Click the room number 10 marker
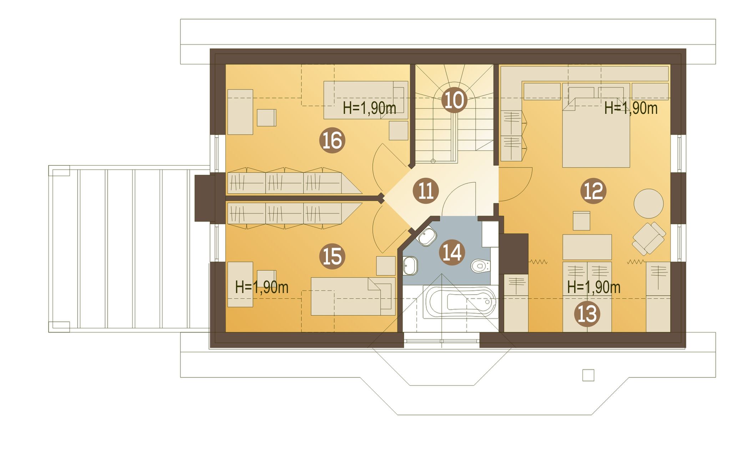(454, 100)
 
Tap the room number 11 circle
(425, 191)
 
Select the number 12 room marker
(593, 191)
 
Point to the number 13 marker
(587, 314)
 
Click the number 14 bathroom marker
(452, 252)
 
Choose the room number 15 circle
(332, 256)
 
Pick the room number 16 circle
(332, 140)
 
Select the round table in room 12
(648, 203)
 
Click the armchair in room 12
(649, 239)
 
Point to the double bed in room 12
(596, 125)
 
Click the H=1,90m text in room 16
(369, 108)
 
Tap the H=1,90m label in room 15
(262, 287)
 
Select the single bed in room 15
(353, 296)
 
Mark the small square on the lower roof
(588, 375)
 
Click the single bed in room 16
(366, 100)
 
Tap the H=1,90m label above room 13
(593, 287)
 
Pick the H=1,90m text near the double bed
(631, 108)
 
